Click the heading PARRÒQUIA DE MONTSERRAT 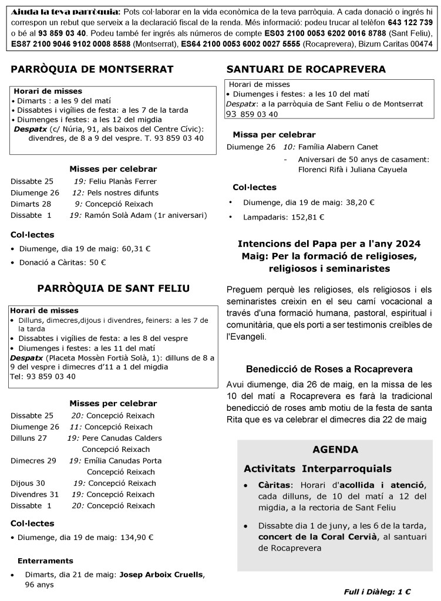(x=92, y=70)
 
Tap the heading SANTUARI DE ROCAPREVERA (x=306, y=70)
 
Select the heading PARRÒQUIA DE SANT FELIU (x=113, y=288)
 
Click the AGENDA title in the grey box (x=335, y=450)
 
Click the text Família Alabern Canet (x=338, y=147)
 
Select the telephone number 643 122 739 (x=410, y=22)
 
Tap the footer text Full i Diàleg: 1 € (x=377, y=592)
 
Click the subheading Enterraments (x=45, y=561)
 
